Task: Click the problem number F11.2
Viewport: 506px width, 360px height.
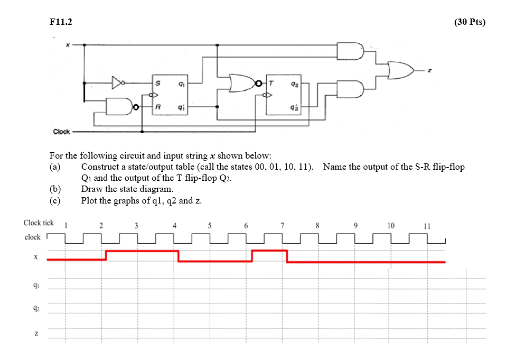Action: pyautogui.click(x=60, y=22)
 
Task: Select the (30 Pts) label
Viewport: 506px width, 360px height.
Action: pyautogui.click(x=469, y=22)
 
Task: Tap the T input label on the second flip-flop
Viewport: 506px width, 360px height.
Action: pyautogui.click(x=271, y=83)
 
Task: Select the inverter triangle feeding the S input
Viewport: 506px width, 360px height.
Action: pyautogui.click(x=118, y=82)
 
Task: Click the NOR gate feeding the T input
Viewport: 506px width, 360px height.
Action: pyautogui.click(x=242, y=83)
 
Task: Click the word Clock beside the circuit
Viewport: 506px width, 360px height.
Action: pyautogui.click(x=61, y=131)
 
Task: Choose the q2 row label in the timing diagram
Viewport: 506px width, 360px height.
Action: pyautogui.click(x=35, y=309)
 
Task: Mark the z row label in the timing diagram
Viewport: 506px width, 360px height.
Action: pyautogui.click(x=35, y=334)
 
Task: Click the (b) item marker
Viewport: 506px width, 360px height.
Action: pyautogui.click(x=55, y=189)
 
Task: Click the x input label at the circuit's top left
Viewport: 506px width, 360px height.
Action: pyautogui.click(x=68, y=45)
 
